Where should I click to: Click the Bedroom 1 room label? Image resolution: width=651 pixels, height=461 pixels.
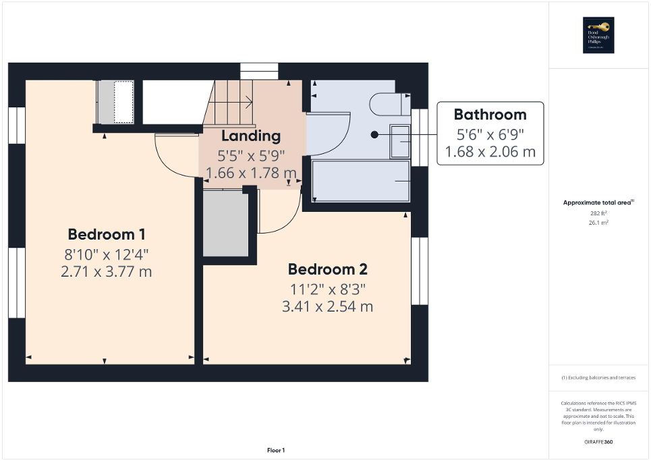click(x=107, y=235)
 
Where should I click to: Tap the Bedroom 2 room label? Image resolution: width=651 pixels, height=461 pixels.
click(x=327, y=269)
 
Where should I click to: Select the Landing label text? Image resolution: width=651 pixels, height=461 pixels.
click(x=250, y=136)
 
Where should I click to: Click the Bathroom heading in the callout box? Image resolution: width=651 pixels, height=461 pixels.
click(x=489, y=114)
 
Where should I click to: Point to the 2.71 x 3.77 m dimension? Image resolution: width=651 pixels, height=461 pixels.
click(x=107, y=272)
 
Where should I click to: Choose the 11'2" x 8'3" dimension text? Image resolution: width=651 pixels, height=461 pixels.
click(x=327, y=289)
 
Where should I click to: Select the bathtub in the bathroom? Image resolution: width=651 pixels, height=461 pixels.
click(x=361, y=181)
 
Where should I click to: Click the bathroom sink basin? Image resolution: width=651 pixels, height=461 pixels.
click(x=399, y=142)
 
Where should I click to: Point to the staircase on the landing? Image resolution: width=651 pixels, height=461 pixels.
click(x=233, y=103)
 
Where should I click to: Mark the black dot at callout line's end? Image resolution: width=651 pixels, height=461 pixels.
click(x=374, y=134)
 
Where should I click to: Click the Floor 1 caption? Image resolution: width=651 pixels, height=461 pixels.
click(x=275, y=450)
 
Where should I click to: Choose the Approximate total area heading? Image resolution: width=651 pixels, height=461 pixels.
click(x=598, y=202)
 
